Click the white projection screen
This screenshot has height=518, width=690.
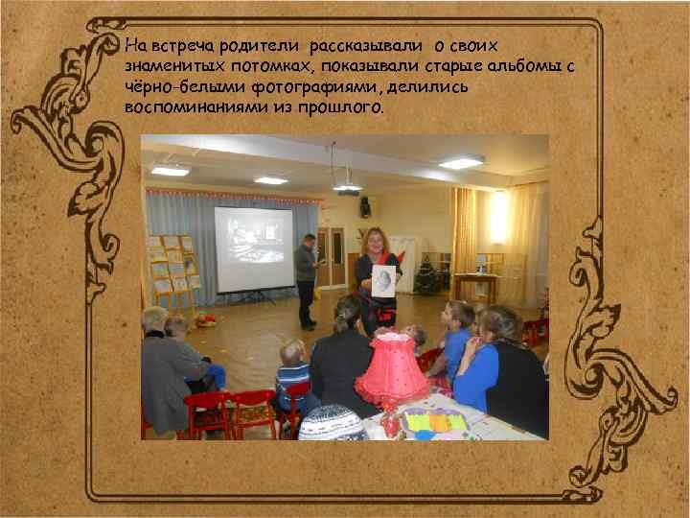point(253,248)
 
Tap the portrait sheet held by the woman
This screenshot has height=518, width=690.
point(382,279)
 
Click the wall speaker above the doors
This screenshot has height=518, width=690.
point(365,206)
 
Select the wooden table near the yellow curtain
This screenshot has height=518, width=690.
point(476,284)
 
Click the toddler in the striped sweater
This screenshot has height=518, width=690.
point(291,376)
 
